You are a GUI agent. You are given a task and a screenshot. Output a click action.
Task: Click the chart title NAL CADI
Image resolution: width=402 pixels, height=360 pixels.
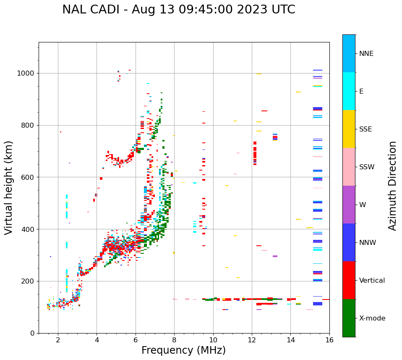(178, 10)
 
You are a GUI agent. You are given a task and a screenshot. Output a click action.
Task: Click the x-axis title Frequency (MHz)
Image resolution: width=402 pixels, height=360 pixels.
(183, 350)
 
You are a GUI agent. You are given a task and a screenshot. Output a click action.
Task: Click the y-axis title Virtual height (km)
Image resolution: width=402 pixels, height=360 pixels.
(9, 187)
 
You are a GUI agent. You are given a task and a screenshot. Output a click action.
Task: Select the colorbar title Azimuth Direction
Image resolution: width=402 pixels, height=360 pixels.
(392, 186)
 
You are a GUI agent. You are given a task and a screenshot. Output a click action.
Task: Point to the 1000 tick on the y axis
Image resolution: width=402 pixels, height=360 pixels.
(28, 73)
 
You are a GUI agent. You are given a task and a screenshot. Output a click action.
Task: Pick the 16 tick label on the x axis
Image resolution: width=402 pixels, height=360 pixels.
(329, 340)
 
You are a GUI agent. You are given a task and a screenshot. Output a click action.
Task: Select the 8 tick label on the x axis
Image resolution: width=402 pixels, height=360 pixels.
(174, 340)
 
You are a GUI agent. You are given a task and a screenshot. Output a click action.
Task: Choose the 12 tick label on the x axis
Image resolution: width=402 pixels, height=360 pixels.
(252, 340)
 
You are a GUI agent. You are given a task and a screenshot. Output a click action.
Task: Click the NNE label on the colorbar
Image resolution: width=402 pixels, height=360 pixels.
(366, 54)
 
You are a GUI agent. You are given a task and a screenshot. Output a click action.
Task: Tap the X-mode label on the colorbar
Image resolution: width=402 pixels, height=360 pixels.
(372, 318)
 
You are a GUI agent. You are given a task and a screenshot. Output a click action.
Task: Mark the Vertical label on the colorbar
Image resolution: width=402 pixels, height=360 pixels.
(372, 281)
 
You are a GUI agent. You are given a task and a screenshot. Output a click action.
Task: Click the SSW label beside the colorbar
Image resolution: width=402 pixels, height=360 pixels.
(367, 167)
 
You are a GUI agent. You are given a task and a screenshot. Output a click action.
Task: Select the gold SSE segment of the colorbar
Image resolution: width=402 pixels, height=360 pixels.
(349, 129)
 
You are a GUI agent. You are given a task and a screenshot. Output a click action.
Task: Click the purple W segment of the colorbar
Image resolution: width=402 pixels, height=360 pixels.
(349, 205)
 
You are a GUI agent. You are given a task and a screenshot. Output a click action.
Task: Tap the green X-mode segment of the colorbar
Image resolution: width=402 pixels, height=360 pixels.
(349, 318)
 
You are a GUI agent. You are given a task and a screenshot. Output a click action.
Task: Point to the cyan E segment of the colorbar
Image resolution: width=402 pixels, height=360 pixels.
(349, 91)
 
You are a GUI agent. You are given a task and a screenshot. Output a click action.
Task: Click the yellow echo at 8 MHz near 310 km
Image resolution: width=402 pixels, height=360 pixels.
(174, 252)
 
